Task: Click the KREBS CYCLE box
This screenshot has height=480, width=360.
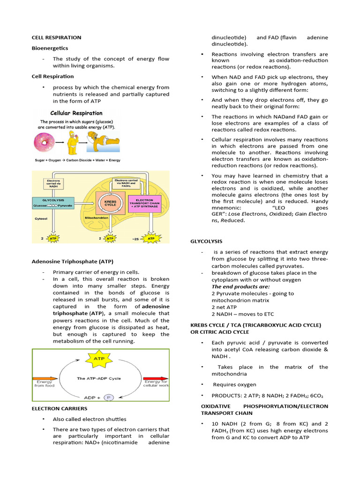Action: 111,205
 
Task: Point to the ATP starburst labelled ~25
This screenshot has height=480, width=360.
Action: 151,239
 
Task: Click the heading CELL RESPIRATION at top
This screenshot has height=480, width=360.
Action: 56,37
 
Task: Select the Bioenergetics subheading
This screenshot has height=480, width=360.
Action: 50,48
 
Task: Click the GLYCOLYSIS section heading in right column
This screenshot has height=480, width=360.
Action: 206,241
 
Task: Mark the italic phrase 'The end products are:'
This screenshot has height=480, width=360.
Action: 238,286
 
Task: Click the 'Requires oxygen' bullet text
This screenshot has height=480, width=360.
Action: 235,384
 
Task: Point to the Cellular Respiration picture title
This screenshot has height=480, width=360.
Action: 76,113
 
